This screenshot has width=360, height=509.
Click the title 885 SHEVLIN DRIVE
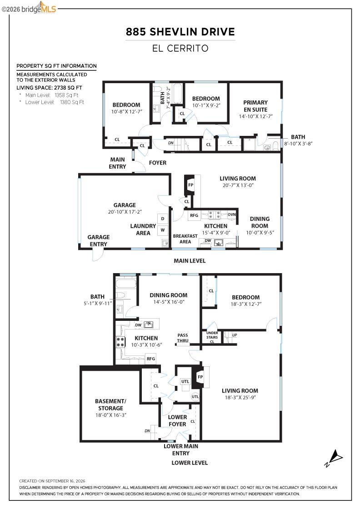coord(180,32)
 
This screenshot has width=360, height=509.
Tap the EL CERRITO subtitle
coord(180,48)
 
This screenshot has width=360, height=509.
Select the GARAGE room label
coord(125,205)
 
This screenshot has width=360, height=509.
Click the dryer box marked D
coord(163,219)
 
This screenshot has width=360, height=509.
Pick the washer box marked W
coord(163,230)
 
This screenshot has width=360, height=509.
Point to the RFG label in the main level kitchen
coord(194,215)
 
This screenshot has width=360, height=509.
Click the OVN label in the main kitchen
coord(232,215)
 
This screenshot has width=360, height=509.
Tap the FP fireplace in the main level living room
coord(190,185)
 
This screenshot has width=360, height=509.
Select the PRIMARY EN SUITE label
coord(255,106)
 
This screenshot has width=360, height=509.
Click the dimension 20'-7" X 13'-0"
coord(238,185)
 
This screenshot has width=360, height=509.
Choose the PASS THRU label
coord(183,338)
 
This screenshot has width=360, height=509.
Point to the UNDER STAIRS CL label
coord(212,337)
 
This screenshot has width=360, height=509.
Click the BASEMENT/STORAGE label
coord(111,404)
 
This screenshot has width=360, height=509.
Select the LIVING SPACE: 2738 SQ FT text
coord(50,88)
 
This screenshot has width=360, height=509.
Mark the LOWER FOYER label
coord(177,420)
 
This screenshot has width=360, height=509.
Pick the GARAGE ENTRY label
coord(98,240)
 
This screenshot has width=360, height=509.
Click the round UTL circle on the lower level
coord(195,397)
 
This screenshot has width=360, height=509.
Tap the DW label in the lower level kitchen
coord(138,325)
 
